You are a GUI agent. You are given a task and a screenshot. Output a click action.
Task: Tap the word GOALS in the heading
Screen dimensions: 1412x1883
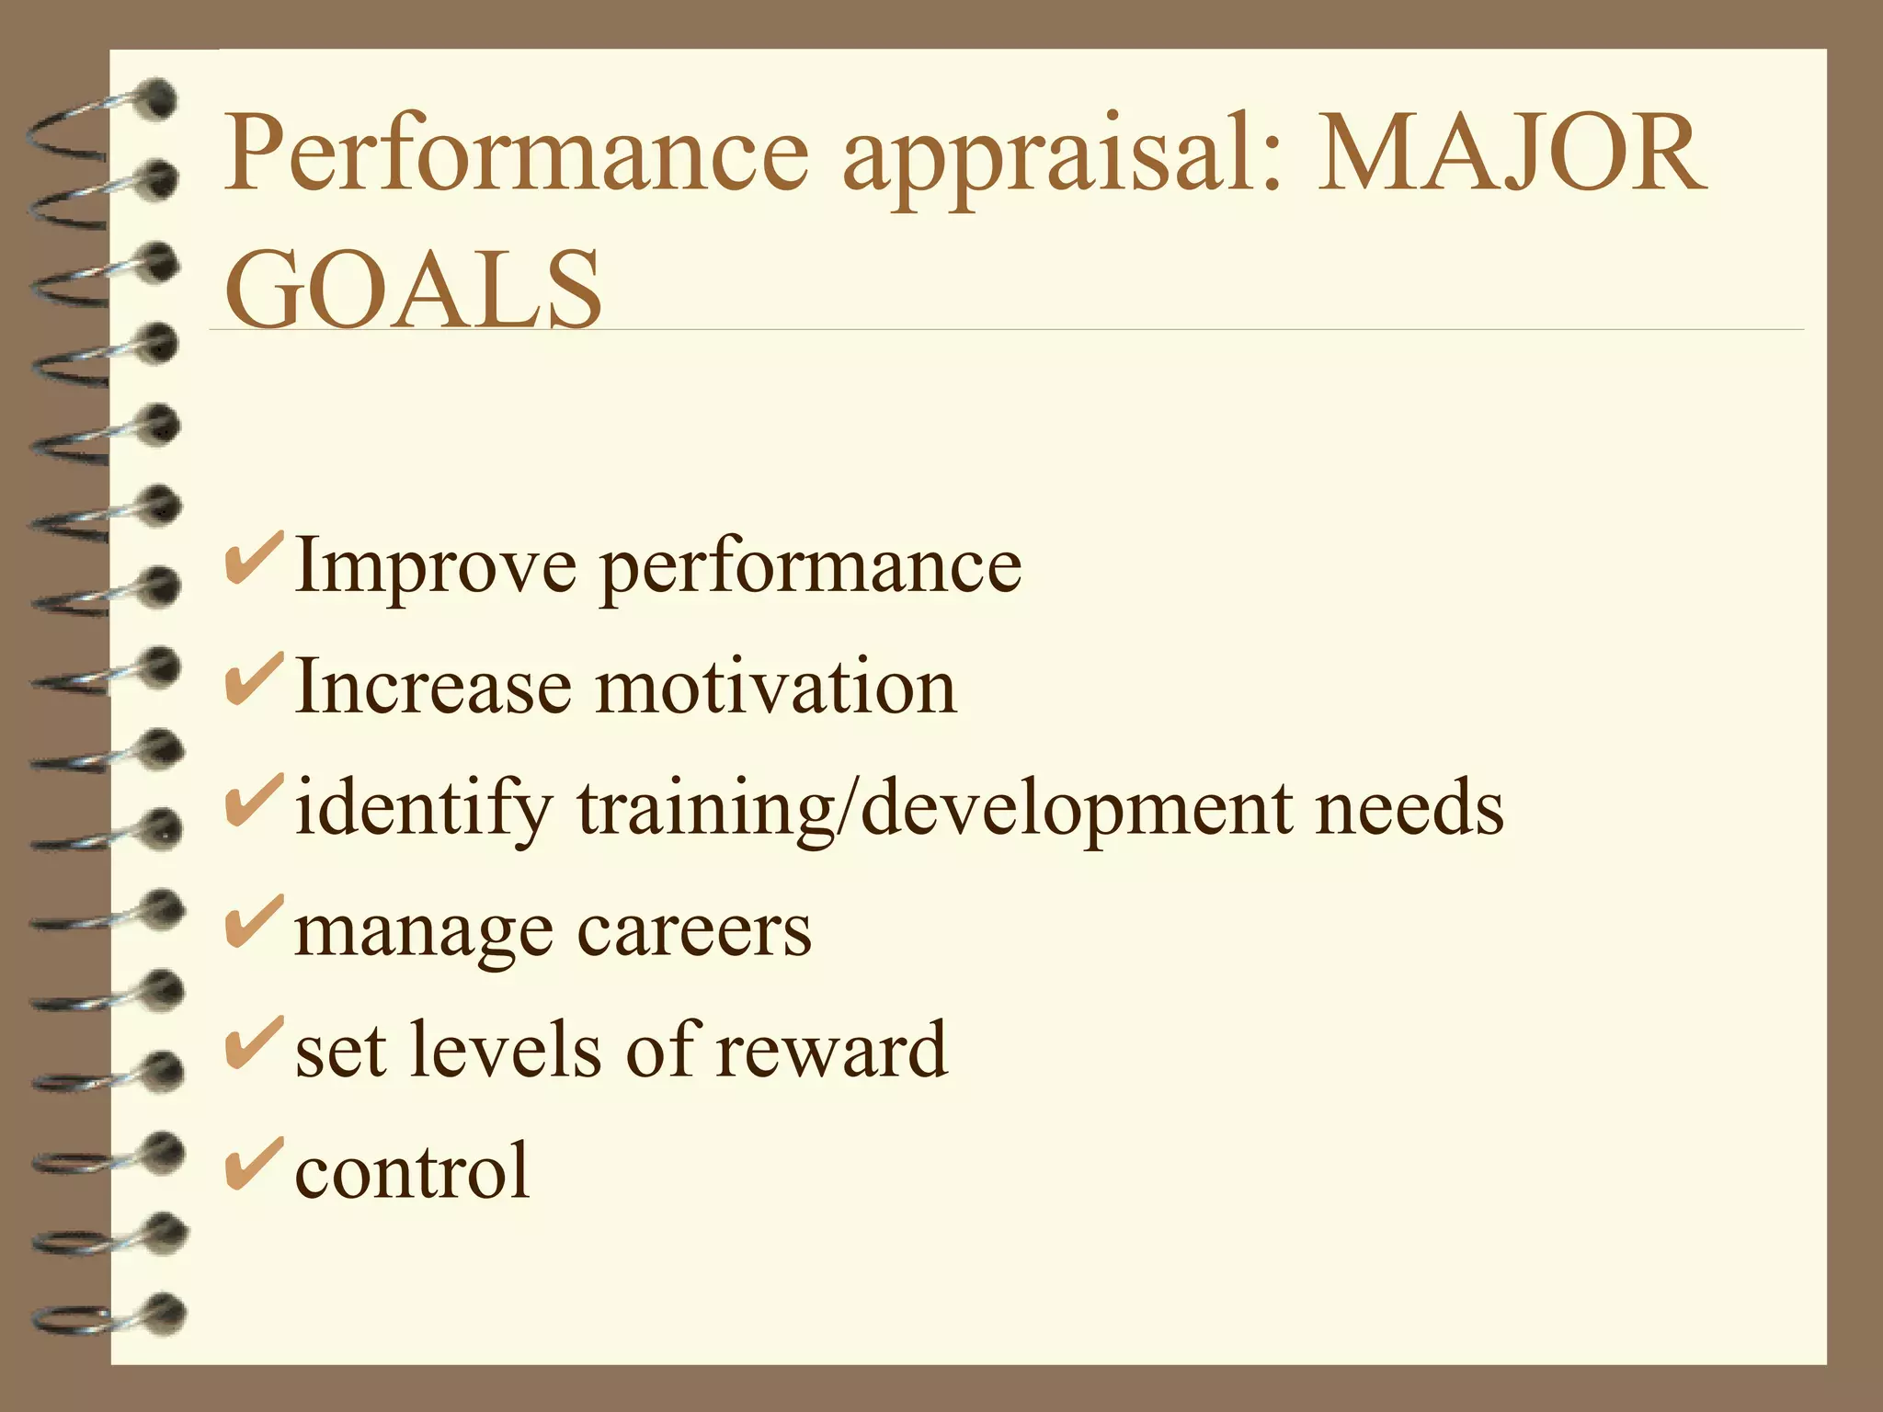tap(413, 289)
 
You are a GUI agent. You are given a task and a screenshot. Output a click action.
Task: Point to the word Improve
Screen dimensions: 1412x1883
tap(436, 568)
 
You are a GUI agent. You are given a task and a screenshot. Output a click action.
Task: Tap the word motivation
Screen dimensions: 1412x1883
tap(776, 687)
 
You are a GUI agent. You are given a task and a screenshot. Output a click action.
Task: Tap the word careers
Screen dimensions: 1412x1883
tap(694, 931)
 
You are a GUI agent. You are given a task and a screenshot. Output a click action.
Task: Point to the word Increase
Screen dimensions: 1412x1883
tap(432, 687)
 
